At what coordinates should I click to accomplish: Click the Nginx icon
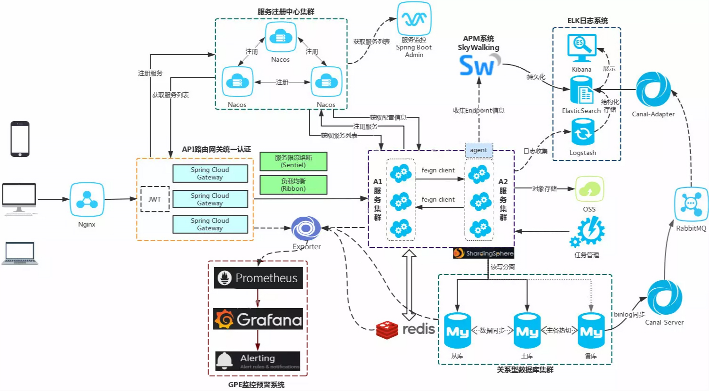[87, 199]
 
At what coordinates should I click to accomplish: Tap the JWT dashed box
[155, 199]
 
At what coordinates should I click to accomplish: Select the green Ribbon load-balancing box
[293, 185]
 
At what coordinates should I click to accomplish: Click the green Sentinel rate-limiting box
[293, 161]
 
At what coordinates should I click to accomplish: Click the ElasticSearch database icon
[581, 90]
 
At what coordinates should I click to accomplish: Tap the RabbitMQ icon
[691, 204]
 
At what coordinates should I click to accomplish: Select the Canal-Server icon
[664, 298]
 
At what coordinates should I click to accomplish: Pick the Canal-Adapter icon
[653, 90]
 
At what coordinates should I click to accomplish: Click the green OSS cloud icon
[589, 189]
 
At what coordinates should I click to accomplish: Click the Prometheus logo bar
[258, 278]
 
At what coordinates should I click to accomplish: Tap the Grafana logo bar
[258, 319]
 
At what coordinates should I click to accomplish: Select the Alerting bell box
[258, 361]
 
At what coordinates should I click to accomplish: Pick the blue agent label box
[479, 150]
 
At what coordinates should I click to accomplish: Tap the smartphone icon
[20, 139]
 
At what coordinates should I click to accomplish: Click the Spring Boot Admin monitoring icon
[414, 19]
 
